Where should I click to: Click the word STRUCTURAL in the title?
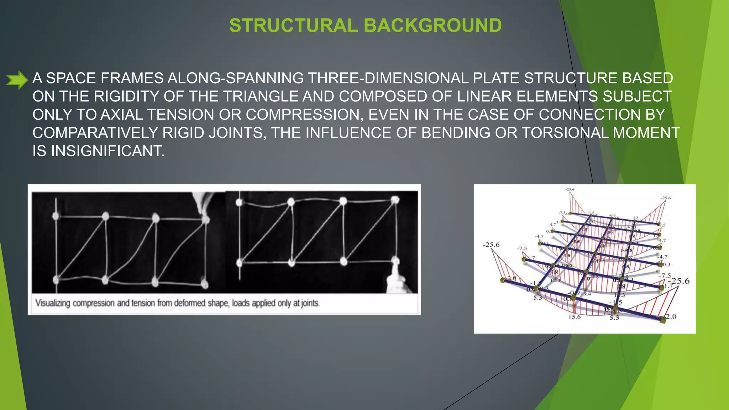(293, 26)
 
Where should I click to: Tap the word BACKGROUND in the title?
(432, 26)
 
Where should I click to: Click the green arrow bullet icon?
(17, 79)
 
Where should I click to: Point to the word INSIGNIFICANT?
(107, 151)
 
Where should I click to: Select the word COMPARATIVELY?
(95, 133)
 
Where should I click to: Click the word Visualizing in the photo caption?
(52, 303)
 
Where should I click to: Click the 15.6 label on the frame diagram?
(575, 317)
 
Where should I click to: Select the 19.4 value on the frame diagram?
(586, 294)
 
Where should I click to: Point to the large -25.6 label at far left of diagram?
(491, 245)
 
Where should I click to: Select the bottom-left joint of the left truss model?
(56, 280)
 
